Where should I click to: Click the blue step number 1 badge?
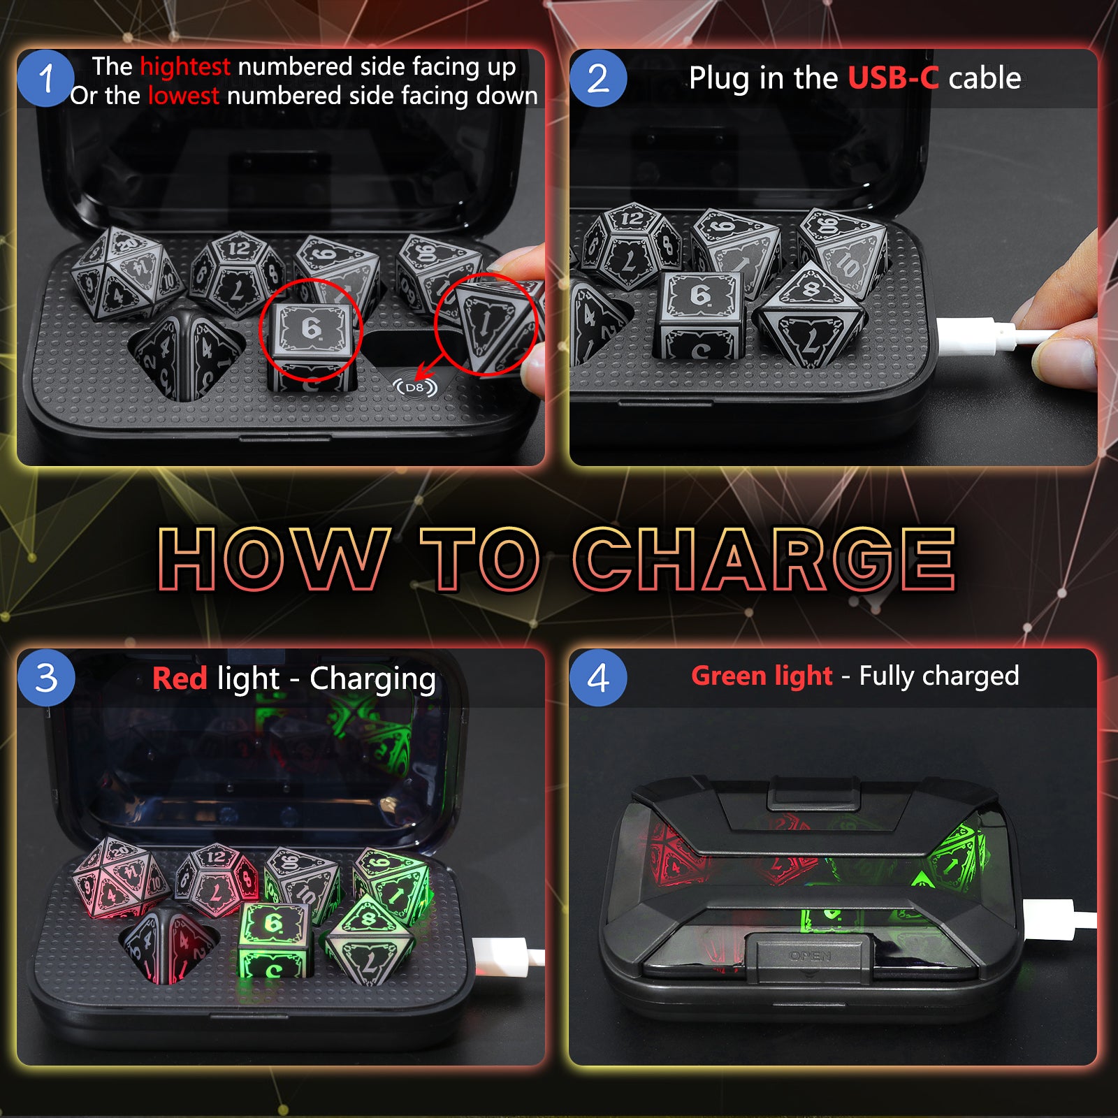(45, 78)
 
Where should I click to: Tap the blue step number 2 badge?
(598, 78)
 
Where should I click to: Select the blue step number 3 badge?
(46, 678)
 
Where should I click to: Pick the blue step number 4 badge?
(598, 678)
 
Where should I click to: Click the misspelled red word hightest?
(185, 67)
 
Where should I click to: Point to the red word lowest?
(184, 96)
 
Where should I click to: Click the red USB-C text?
(894, 78)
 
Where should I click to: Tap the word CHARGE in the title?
(764, 559)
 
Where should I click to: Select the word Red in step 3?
(180, 678)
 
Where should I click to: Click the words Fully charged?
(939, 676)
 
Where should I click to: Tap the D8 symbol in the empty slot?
(414, 387)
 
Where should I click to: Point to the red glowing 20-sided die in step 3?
(119, 877)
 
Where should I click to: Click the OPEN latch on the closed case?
(810, 953)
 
